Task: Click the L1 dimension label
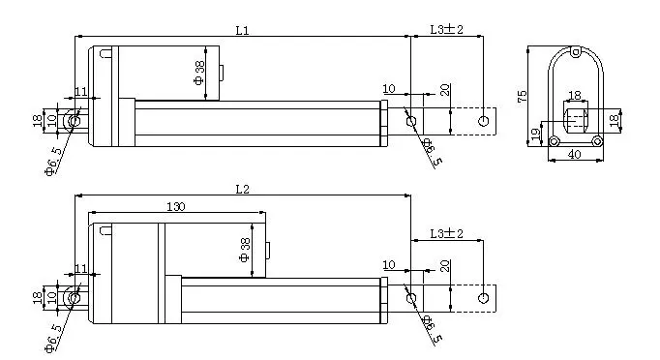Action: pos(242,30)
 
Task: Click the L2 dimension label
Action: pos(242,189)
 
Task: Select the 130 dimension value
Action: pos(175,207)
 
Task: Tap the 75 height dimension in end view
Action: pos(522,96)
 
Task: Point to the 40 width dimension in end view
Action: pos(575,155)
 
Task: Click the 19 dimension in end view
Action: pos(535,134)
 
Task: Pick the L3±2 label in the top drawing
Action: pos(446,29)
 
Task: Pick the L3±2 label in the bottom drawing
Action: pos(446,233)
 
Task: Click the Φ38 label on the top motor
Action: pos(199,73)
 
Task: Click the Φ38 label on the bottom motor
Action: pos(245,250)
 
